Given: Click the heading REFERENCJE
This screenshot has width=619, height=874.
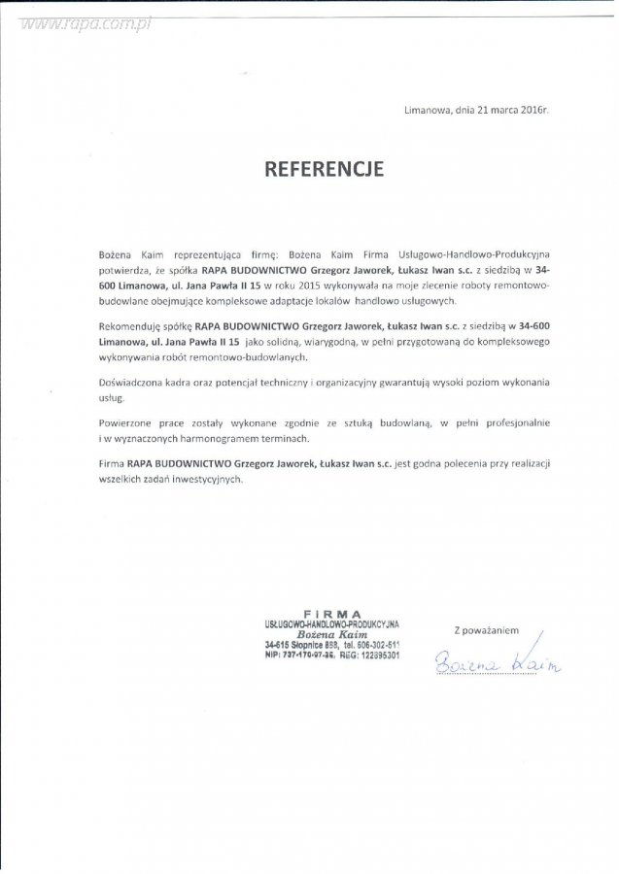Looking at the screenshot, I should [x=326, y=170].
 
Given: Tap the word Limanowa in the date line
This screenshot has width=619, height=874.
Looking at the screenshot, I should [x=429, y=112].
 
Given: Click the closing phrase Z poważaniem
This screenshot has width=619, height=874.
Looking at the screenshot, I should [x=485, y=629].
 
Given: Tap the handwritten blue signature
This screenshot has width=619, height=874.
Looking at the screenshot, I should [x=497, y=663].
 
